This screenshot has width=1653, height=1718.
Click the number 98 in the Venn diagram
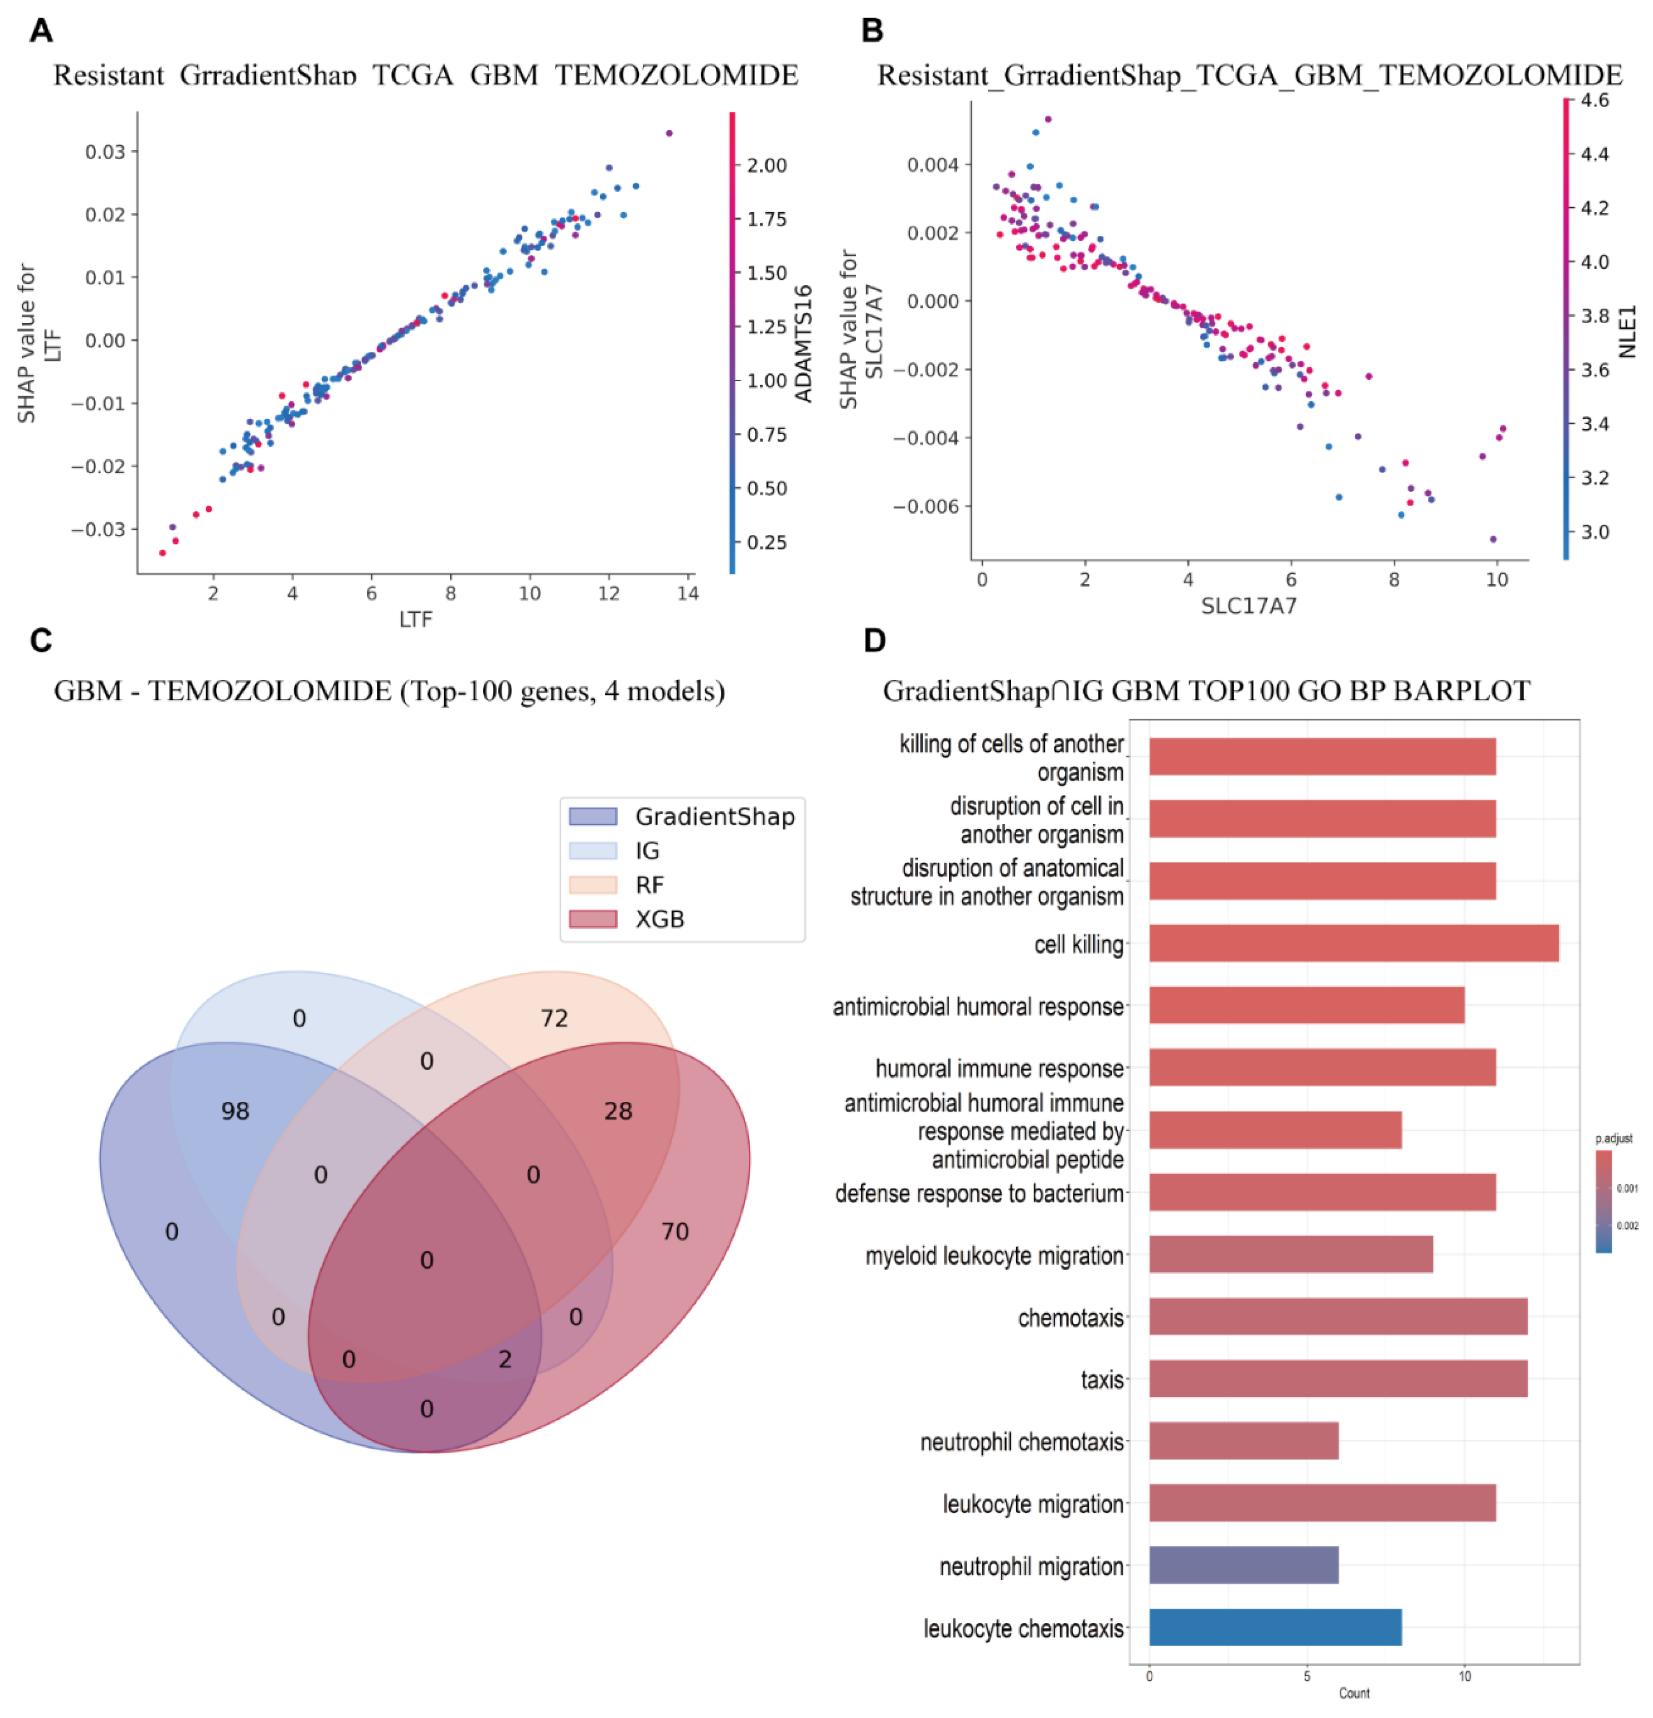tap(235, 1112)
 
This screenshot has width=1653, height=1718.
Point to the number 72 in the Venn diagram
tap(554, 1019)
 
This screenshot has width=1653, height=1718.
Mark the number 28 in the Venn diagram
tap(618, 1112)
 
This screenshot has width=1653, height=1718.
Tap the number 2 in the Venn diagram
tap(505, 1360)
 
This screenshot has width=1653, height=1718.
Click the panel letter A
tap(41, 31)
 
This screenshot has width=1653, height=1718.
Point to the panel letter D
tap(874, 641)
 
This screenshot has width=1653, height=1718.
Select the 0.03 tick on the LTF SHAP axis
tap(105, 152)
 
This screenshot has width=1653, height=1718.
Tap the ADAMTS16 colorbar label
tap(804, 344)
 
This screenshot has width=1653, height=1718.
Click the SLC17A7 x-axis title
tap(1248, 605)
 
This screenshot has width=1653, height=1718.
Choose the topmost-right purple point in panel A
tap(669, 133)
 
